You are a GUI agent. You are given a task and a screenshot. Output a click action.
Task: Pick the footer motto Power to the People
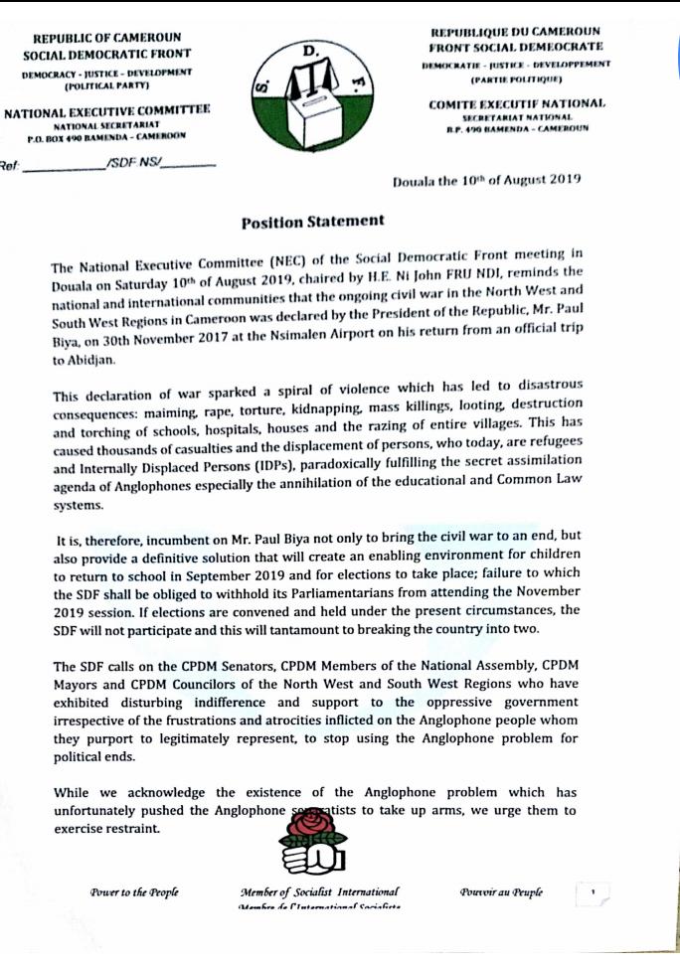point(134,890)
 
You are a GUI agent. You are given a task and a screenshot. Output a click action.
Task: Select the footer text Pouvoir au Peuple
point(501,891)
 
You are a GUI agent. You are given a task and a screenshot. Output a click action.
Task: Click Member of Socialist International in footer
point(319,890)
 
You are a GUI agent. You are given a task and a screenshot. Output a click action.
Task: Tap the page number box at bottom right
point(593,892)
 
